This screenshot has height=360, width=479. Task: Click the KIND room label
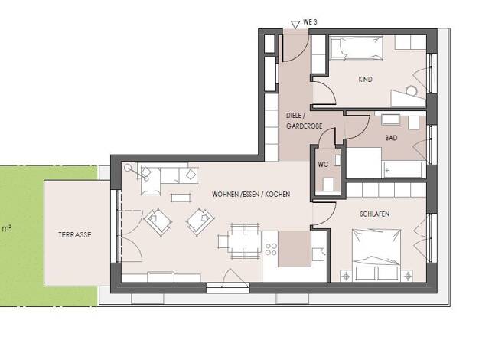(365, 80)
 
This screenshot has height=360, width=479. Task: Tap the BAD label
(391, 138)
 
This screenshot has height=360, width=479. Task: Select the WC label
(323, 165)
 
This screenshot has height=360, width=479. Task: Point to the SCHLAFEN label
(374, 214)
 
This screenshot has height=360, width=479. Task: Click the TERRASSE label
(75, 235)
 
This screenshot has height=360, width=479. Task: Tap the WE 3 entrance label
(310, 22)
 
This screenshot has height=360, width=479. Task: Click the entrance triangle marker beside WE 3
(295, 25)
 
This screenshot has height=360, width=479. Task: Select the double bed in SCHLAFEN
(376, 254)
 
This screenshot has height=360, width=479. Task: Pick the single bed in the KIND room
(357, 47)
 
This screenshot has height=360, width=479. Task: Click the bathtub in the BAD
(402, 170)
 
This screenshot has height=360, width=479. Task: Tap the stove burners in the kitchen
(271, 249)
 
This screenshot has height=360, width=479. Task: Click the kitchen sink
(318, 254)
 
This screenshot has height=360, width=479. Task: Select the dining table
(244, 241)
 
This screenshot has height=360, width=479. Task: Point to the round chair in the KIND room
(412, 90)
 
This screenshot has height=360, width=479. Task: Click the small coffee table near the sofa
(181, 198)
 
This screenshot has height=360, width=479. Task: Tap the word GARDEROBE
(305, 126)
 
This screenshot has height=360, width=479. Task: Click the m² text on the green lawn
(7, 228)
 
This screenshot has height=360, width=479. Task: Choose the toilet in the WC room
(328, 184)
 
